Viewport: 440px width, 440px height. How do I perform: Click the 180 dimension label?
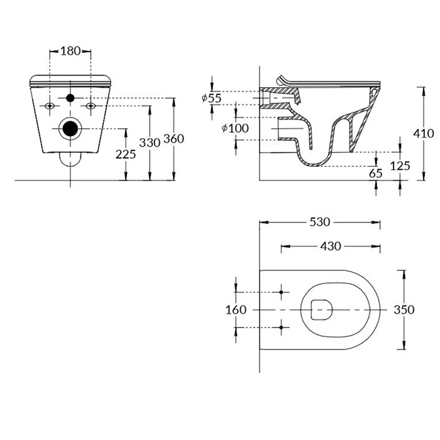coord(70,51)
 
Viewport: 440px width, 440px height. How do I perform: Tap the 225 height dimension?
coord(126,154)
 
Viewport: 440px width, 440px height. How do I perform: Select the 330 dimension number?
coord(150,143)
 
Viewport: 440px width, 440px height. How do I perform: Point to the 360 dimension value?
coord(173,139)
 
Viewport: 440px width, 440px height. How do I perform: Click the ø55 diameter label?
coord(212,98)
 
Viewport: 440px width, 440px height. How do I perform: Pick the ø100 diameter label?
coord(235,128)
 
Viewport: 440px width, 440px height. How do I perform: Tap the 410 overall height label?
coord(424,133)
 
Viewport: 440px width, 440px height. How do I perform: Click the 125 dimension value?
coord(400,166)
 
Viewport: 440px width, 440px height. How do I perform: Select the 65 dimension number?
coord(376,173)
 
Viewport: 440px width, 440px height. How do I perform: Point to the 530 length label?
coord(320,223)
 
